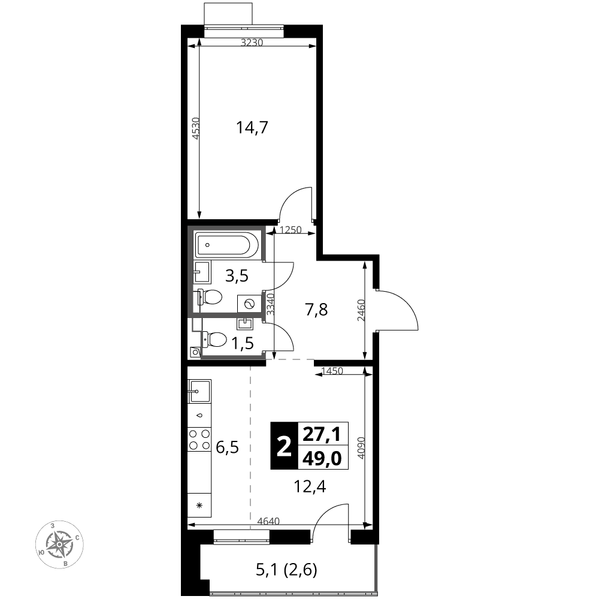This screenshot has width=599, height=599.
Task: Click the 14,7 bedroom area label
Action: tap(252, 128)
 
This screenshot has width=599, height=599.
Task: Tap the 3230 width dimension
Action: tap(252, 43)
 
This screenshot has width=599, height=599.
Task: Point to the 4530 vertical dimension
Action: tap(195, 128)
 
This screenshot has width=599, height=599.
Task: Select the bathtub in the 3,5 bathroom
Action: tap(228, 245)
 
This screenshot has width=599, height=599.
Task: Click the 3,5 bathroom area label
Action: tap(237, 276)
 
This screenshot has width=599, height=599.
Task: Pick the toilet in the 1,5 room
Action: tap(213, 339)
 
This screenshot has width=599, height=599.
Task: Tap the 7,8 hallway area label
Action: tap(316, 310)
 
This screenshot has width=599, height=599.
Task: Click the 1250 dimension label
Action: tap(291, 230)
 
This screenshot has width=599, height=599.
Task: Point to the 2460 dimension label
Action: tap(361, 310)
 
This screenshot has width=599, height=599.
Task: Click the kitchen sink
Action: tap(199, 391)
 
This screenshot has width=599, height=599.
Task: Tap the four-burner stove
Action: tap(200, 439)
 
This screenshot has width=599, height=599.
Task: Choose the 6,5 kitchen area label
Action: tap(227, 447)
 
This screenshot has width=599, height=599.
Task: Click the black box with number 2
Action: tap(284, 446)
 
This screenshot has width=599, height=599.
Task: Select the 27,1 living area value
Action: tap(322, 434)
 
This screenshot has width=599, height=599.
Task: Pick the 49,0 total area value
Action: tap(322, 458)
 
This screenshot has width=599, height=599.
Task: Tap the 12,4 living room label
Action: tap(310, 486)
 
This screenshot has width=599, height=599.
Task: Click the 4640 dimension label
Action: tap(268, 521)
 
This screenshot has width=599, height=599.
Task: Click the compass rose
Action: tap(59, 544)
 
